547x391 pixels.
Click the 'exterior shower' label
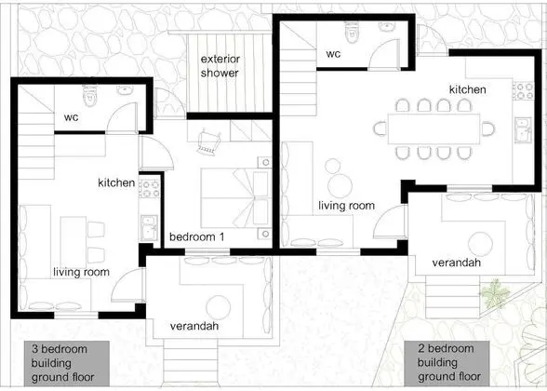(220, 66)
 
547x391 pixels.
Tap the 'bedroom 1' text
(197, 236)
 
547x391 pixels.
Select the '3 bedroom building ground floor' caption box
(67, 363)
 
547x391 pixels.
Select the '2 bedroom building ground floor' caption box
(447, 363)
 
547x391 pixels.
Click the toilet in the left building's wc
(89, 96)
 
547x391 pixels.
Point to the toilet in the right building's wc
(352, 32)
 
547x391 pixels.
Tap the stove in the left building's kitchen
(150, 188)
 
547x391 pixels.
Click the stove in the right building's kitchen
(523, 90)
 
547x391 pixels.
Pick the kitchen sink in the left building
(149, 227)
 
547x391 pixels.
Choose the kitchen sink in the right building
(523, 130)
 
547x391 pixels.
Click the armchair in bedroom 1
(209, 142)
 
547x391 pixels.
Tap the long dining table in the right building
(434, 128)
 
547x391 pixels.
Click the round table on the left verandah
(219, 308)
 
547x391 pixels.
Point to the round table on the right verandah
(480, 244)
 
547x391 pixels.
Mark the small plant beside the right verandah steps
(495, 294)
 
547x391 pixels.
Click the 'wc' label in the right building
(333, 54)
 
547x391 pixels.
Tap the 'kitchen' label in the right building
(467, 89)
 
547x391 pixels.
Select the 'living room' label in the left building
(81, 272)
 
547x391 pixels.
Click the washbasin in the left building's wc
(125, 90)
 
